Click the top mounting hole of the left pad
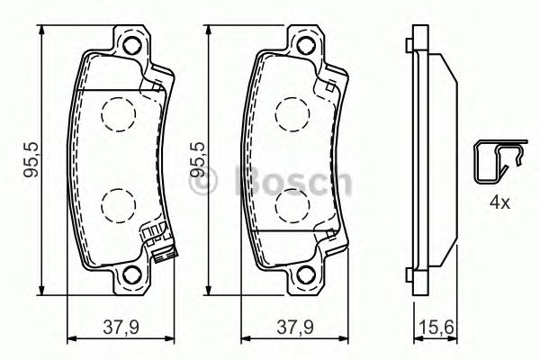point(132,48)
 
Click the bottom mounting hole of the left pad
point(132,277)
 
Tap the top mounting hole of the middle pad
point(305,48)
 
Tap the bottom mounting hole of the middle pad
point(305,277)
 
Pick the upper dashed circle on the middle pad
point(291,114)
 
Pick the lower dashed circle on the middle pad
point(291,206)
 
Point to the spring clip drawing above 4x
point(497,162)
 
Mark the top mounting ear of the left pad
point(132,40)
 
